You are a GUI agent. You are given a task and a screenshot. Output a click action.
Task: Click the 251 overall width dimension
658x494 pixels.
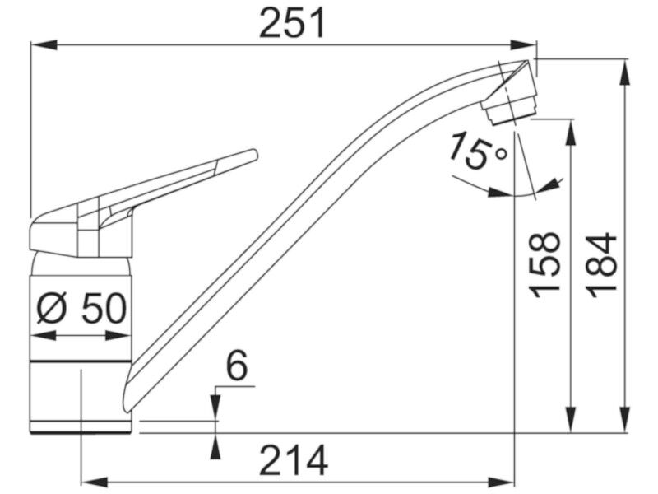(293, 24)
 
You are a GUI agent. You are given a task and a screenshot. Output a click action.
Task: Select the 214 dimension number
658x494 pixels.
(294, 460)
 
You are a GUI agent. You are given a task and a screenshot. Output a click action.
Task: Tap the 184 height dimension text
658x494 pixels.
(603, 265)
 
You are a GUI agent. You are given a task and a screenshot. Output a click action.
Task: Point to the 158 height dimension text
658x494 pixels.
(545, 265)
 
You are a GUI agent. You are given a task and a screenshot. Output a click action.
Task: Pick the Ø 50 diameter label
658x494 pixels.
(81, 309)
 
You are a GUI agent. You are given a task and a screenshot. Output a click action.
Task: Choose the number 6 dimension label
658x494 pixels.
(237, 366)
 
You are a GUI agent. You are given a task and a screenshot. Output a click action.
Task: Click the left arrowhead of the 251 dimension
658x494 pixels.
(44, 45)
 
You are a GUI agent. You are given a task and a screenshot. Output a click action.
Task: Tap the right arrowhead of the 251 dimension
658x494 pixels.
(523, 45)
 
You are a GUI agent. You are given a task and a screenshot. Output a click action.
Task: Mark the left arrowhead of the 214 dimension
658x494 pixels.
(94, 480)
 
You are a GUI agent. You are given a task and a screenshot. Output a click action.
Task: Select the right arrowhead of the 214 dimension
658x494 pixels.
(502, 480)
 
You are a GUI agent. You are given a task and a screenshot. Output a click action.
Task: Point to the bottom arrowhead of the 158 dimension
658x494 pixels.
(570, 418)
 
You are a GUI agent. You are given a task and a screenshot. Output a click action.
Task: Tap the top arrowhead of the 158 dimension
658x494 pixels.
(570, 133)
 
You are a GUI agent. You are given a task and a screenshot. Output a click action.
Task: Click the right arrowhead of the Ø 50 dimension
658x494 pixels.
(118, 336)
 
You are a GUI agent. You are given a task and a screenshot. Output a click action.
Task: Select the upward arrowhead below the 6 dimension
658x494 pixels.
(215, 446)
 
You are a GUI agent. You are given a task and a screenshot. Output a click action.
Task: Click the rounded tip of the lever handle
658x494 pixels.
(253, 154)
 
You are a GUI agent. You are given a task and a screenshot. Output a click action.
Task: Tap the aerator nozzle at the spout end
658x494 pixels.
(509, 110)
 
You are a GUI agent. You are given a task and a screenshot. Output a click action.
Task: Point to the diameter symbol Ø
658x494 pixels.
(52, 309)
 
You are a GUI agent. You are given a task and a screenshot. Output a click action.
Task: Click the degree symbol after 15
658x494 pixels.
(501, 155)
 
